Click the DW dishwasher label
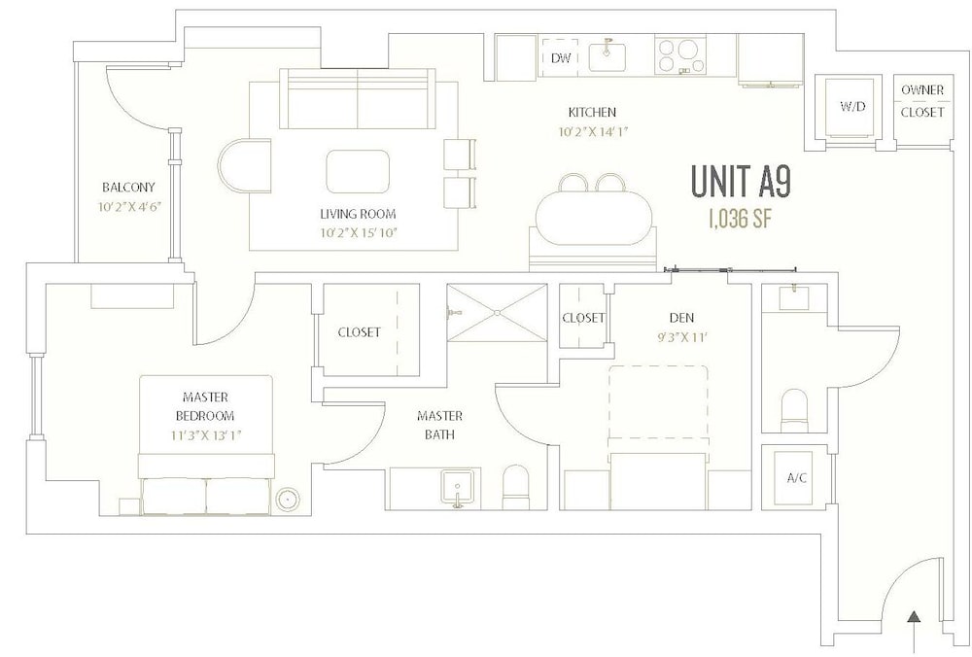[x=561, y=58]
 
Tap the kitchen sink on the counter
[x=607, y=56]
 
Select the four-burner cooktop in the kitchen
[x=677, y=55]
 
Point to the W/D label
[x=852, y=106]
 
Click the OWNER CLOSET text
[x=922, y=101]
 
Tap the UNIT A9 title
[x=740, y=183]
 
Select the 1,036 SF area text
[x=740, y=218]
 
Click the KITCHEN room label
[x=592, y=112]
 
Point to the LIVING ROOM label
[x=358, y=214]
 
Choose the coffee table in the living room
[x=359, y=171]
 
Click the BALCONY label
[x=128, y=188]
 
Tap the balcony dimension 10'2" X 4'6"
[x=129, y=206]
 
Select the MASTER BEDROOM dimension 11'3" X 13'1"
[x=205, y=435]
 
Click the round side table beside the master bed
[x=288, y=499]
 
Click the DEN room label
[x=681, y=318]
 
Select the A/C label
[x=797, y=478]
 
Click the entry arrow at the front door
[x=914, y=632]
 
